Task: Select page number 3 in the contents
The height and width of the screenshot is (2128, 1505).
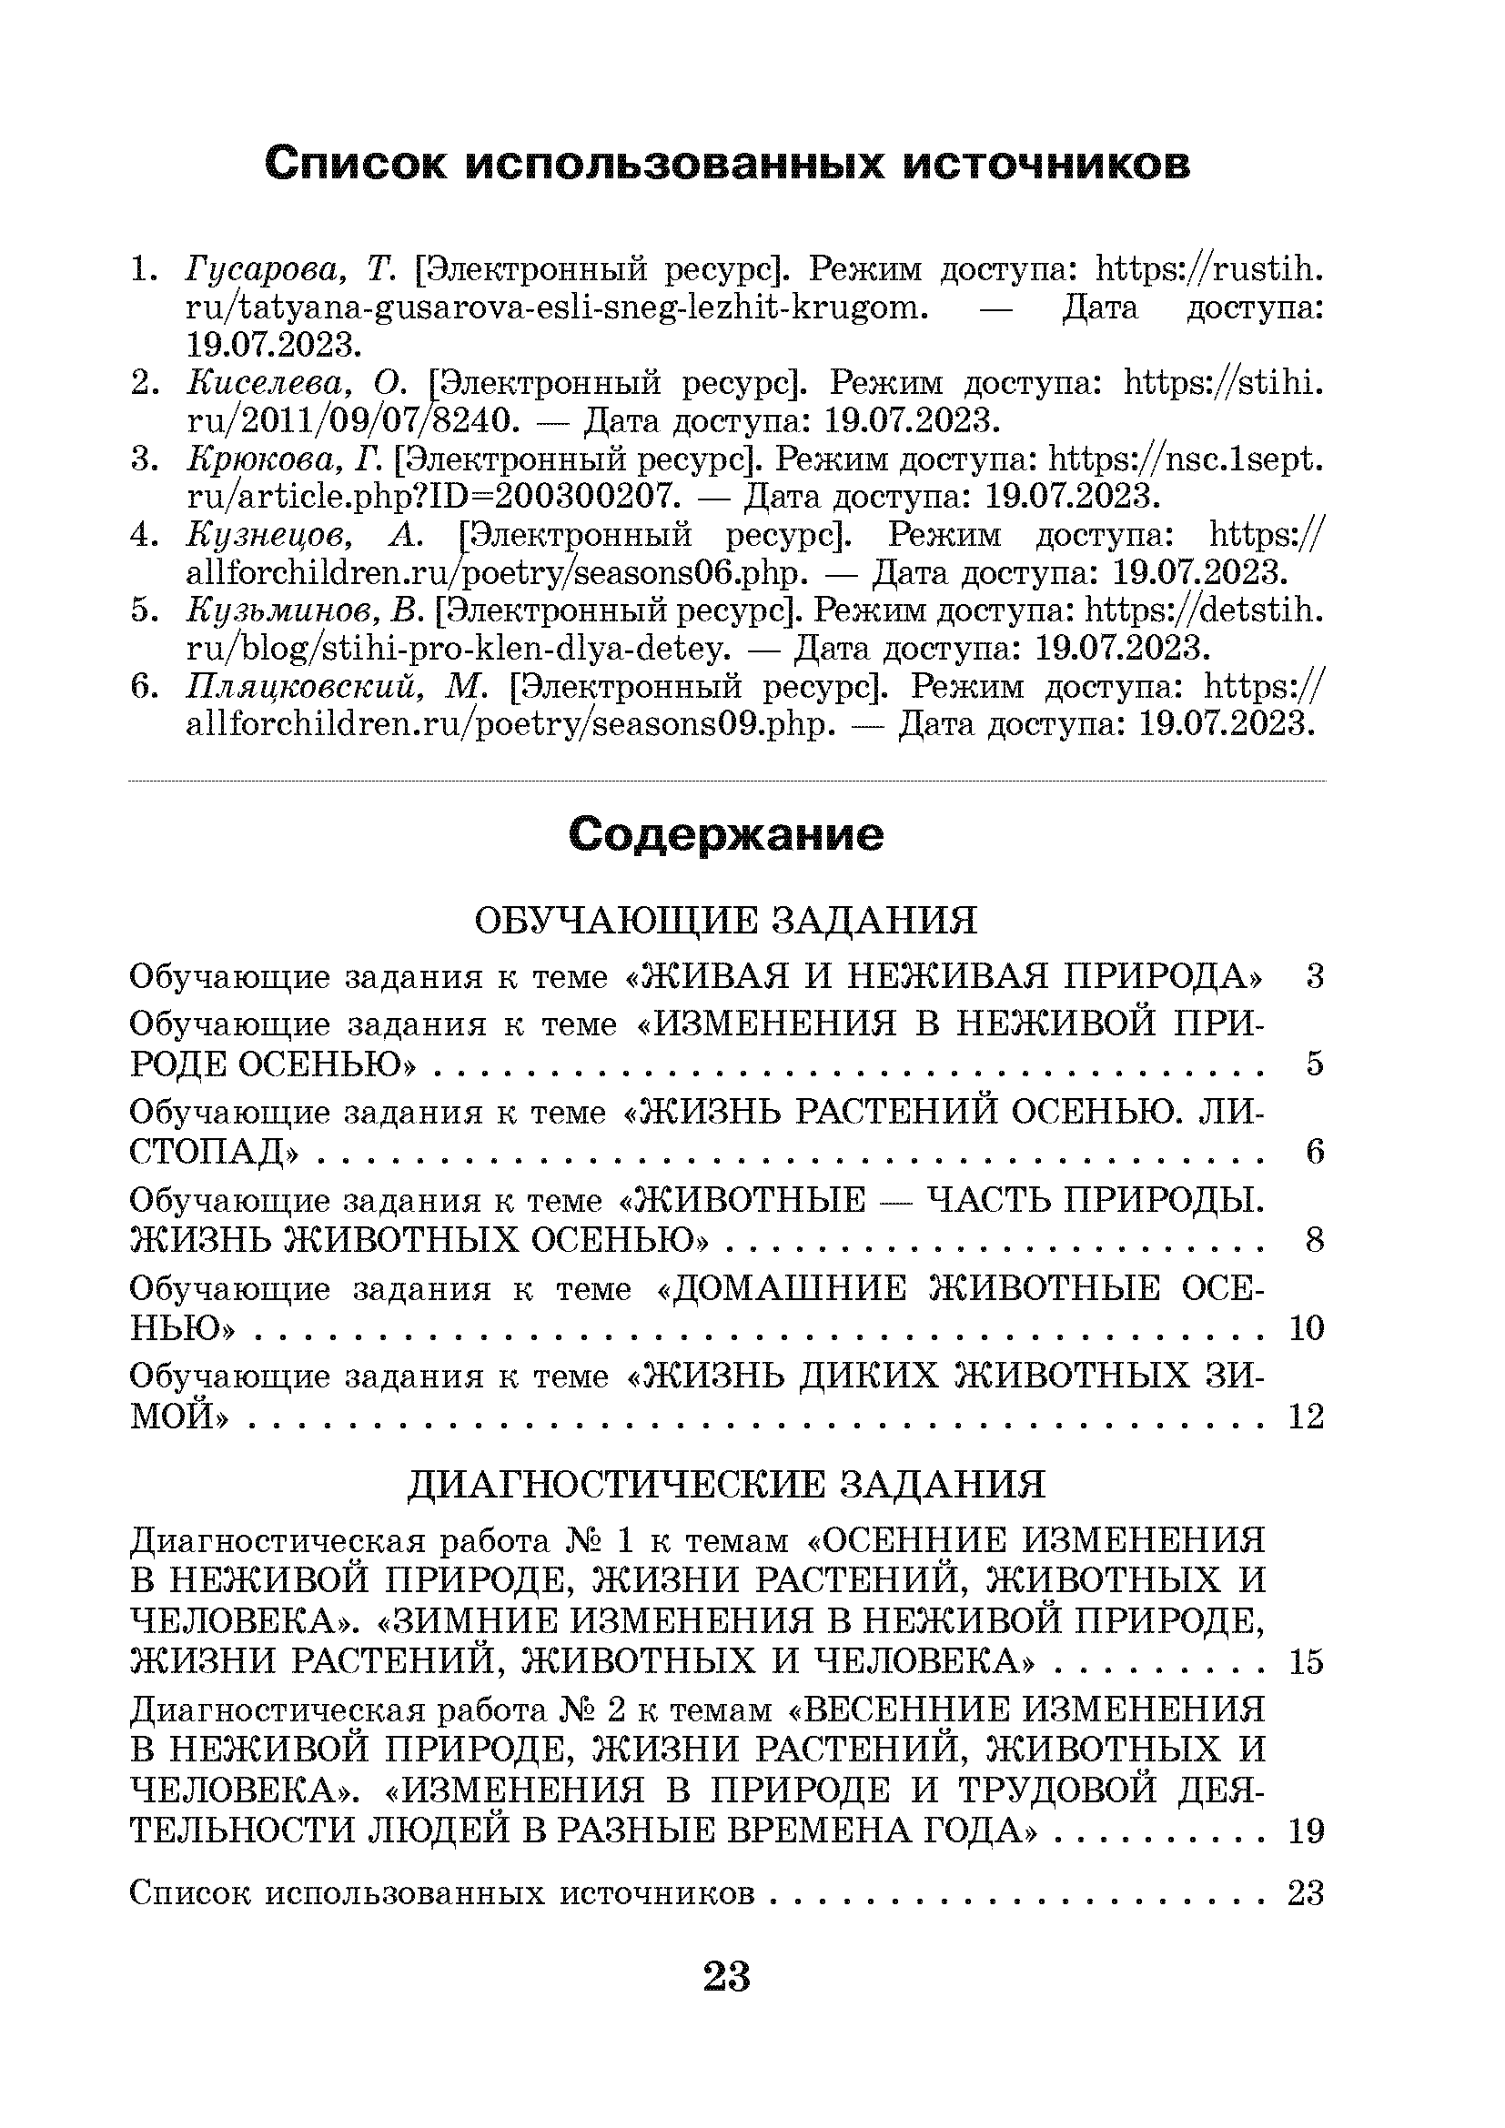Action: click(x=1314, y=976)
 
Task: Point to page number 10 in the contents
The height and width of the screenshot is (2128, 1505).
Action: click(x=1306, y=1328)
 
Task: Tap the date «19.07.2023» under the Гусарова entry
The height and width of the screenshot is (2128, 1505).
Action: click(x=268, y=346)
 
